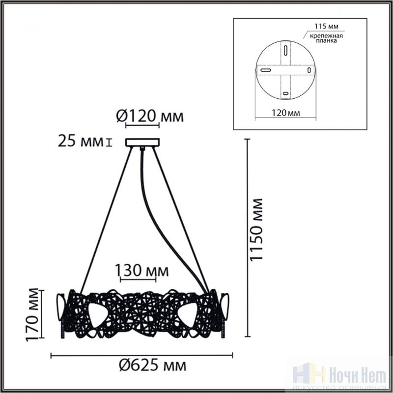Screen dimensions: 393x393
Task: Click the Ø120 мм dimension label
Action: tap(150, 116)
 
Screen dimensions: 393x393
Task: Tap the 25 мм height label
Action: tap(81, 141)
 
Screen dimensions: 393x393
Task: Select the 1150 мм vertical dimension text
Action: tap(256, 230)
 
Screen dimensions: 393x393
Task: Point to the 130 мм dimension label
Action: tap(141, 271)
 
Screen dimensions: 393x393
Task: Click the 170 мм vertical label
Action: tap(32, 315)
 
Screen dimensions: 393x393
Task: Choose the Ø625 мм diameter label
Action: tap(152, 366)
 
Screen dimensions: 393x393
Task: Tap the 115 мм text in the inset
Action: tap(326, 27)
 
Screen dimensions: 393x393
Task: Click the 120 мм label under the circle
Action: tap(286, 113)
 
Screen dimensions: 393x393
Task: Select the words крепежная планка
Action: tap(326, 38)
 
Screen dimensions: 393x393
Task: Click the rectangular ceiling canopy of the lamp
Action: tap(142, 142)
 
